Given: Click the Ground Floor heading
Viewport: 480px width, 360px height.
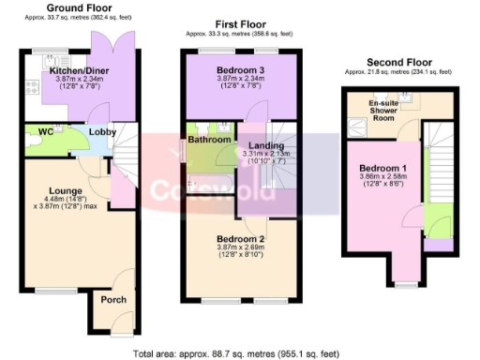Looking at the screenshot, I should tap(72, 7).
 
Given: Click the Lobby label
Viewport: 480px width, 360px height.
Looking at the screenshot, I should tap(102, 132).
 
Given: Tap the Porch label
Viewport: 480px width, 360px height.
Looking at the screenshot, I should tap(113, 300).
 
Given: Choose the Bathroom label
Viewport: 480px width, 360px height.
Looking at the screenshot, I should tap(209, 140).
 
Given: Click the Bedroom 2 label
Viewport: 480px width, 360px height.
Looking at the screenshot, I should tap(240, 239).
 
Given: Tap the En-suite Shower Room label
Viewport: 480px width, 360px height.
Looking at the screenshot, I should tap(386, 109).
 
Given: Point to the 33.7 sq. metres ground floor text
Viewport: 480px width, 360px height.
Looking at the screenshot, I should tap(72, 18).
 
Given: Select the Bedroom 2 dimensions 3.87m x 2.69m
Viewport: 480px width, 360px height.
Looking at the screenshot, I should tap(240, 249).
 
